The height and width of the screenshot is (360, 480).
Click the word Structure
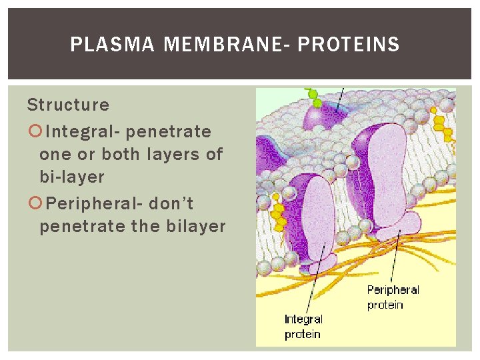68,105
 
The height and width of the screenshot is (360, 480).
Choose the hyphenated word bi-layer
72,177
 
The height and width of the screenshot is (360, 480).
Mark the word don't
171,203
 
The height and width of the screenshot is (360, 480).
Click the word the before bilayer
145,226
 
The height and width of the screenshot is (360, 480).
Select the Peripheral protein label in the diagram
393,297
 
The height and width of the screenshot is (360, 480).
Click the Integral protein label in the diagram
303,327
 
